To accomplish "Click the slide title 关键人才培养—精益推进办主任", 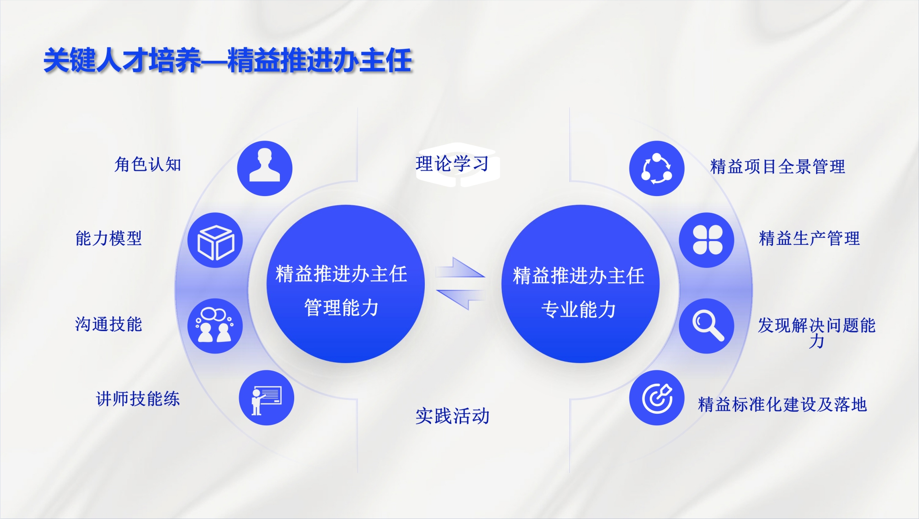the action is [x=228, y=61].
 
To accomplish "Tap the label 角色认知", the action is [x=148, y=164].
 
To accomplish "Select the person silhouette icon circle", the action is [x=265, y=168].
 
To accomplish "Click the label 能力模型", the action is [x=109, y=238].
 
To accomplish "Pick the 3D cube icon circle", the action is [x=215, y=240].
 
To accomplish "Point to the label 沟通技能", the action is [x=109, y=324].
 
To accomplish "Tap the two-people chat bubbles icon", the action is [x=215, y=326].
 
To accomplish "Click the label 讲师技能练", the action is [x=138, y=398].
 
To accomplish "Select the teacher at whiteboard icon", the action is [x=266, y=398].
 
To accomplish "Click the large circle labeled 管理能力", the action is [x=345, y=284].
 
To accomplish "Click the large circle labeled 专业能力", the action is [x=580, y=284].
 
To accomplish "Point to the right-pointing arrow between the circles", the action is [x=461, y=268].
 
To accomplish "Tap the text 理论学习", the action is [x=453, y=164].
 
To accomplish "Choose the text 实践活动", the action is [x=453, y=416].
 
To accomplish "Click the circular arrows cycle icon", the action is [x=657, y=168].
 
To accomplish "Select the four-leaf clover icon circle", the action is [x=707, y=240].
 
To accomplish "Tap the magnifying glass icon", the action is [x=707, y=326].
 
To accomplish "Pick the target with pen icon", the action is [x=657, y=398].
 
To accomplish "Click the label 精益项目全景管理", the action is [x=778, y=166].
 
